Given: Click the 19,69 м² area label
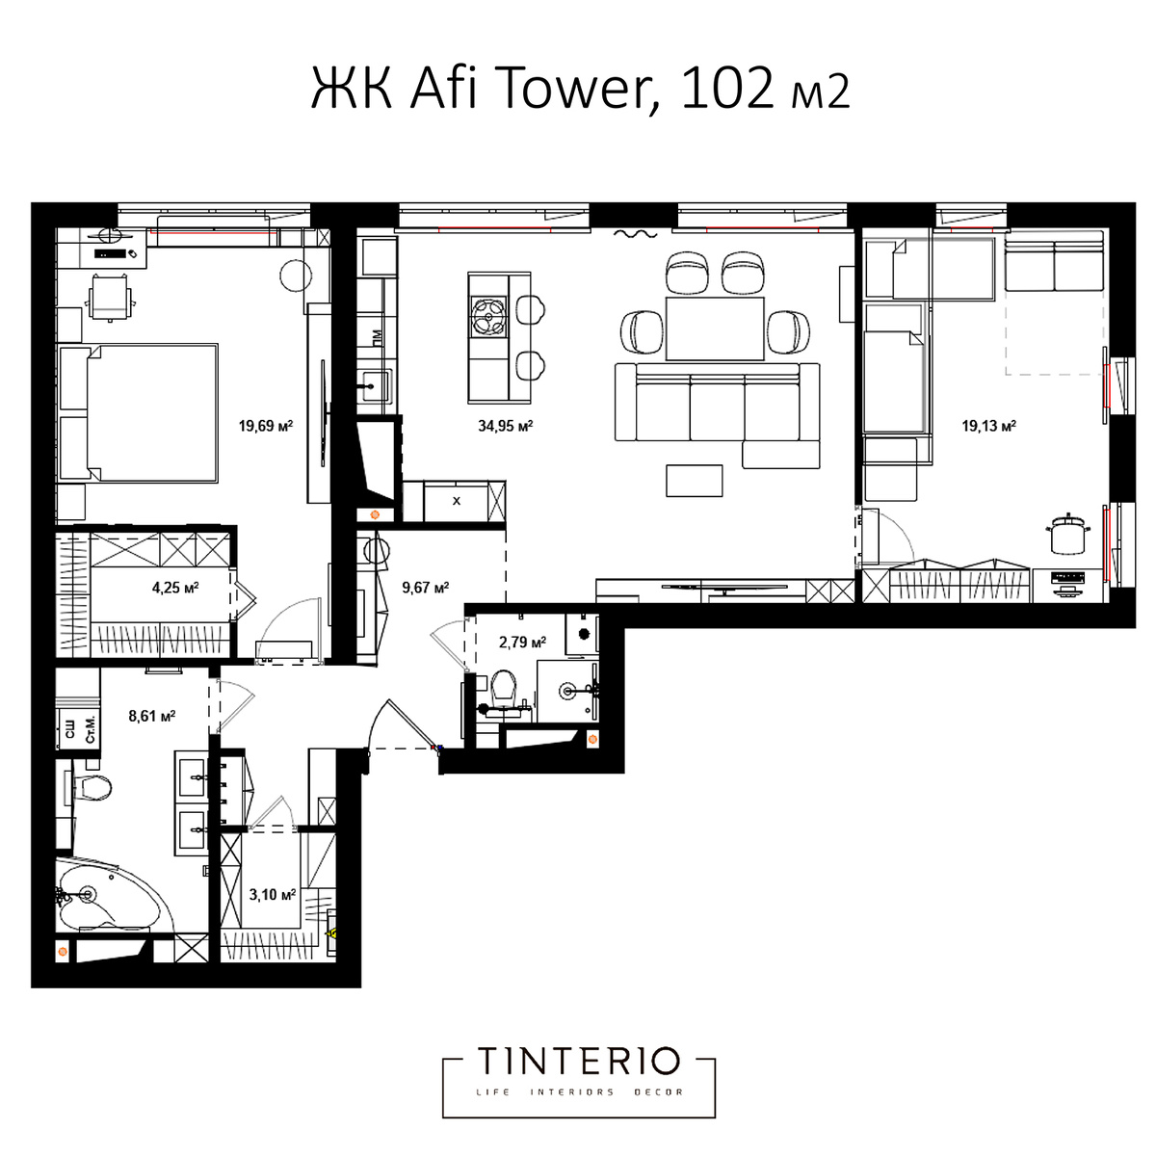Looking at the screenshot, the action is [x=266, y=426].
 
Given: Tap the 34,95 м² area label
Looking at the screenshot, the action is [x=505, y=426].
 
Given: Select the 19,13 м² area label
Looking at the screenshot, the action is [x=988, y=426].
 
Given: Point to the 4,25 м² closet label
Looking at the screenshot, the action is [x=175, y=588].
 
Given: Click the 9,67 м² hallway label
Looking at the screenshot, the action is [x=426, y=588].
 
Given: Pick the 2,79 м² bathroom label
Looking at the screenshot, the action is [x=522, y=643].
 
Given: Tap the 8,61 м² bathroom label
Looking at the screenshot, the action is [x=152, y=716].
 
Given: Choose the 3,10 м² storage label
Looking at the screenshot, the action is [x=273, y=895].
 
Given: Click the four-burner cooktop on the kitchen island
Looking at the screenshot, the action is [x=489, y=317].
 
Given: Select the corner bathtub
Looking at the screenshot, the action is [x=108, y=895].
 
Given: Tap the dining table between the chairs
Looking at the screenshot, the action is [x=715, y=328].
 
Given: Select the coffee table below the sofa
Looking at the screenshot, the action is [x=694, y=481].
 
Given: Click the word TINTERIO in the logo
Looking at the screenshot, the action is [x=579, y=1062].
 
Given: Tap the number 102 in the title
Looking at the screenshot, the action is [x=727, y=89].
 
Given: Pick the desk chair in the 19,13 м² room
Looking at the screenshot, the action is [x=1067, y=535].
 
